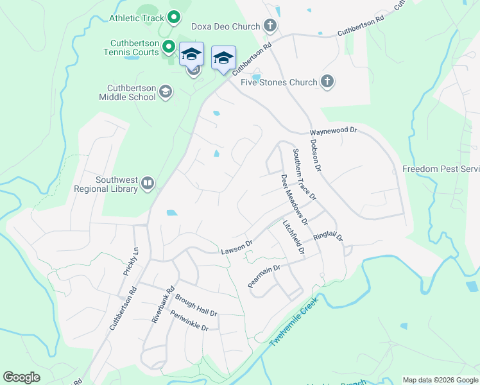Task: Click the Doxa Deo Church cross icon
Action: [x=270, y=26]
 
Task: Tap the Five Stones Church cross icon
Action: [x=327, y=81]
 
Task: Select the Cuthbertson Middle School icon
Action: [x=166, y=92]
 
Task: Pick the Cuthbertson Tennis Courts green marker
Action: [x=169, y=46]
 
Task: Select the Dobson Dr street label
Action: [x=315, y=155]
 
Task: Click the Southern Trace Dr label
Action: [x=304, y=174]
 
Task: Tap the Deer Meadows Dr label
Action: [x=295, y=199]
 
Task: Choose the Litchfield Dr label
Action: [x=293, y=239]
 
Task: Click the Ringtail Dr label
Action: [x=329, y=237]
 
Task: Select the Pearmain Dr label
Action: [x=264, y=277]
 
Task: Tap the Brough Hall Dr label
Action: [x=196, y=305]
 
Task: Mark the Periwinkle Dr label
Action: [x=189, y=320]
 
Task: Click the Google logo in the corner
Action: [x=22, y=377]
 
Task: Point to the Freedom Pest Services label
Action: [x=441, y=169]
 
